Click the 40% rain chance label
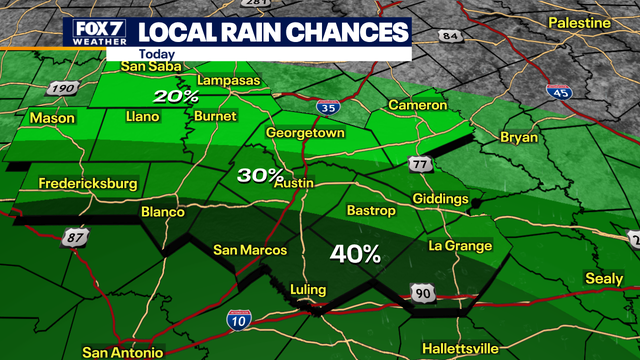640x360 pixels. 358,254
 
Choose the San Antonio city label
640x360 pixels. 121,352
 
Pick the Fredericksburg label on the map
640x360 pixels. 86,184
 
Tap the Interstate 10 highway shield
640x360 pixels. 237,318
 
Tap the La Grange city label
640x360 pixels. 460,246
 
